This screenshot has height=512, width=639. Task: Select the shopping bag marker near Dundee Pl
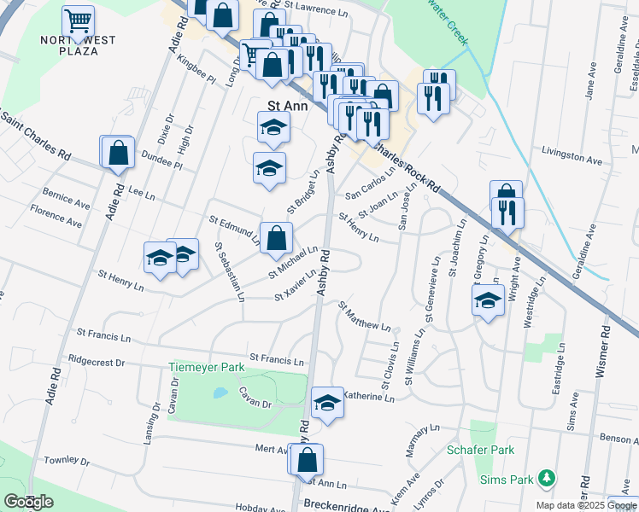(x=119, y=152)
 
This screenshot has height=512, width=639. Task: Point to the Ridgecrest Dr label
(x=96, y=361)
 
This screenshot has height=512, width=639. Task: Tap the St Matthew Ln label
(x=364, y=316)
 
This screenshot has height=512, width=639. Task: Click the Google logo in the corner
(x=28, y=502)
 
